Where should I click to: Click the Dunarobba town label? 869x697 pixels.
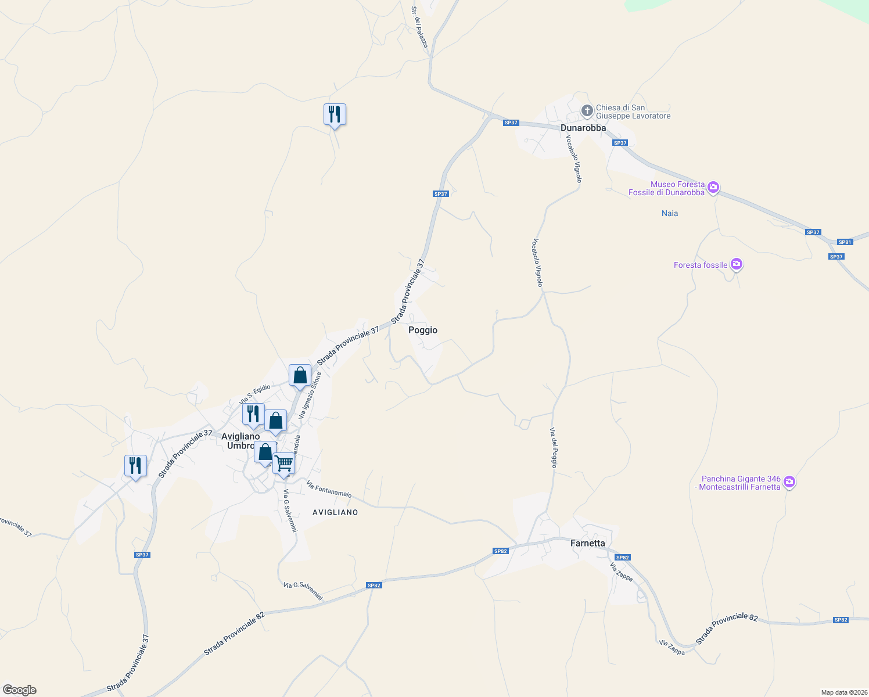click(583, 128)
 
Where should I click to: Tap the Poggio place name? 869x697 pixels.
click(423, 330)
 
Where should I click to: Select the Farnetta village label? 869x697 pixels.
click(587, 543)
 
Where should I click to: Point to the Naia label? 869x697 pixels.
click(670, 213)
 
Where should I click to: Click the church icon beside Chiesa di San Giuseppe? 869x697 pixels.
click(587, 110)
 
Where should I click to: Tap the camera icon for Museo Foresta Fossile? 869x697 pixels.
click(713, 188)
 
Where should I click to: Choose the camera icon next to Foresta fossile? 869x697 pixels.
click(737, 265)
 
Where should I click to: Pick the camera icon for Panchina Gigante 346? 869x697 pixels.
click(789, 482)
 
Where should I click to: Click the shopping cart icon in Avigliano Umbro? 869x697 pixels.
click(284, 464)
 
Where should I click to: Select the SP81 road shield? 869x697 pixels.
click(845, 242)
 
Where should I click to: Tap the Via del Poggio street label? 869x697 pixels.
click(554, 448)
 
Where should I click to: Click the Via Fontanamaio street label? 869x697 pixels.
click(329, 490)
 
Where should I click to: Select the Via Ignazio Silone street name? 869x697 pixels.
click(310, 396)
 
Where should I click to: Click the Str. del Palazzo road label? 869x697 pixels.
click(419, 27)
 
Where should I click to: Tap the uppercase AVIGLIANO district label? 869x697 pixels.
click(335, 512)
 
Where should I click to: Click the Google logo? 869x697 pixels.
click(19, 690)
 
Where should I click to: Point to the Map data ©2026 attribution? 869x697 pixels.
click(843, 692)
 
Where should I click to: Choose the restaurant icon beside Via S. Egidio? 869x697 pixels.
click(253, 414)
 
